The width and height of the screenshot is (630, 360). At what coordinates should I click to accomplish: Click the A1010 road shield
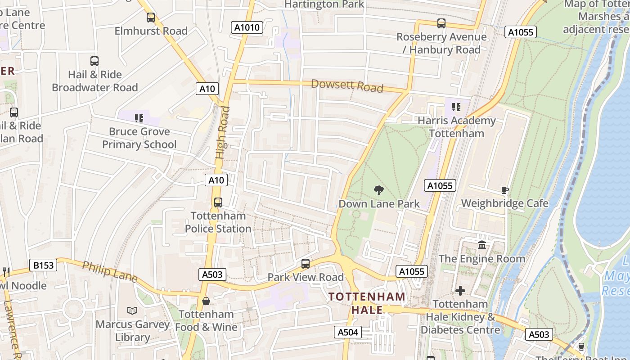247,27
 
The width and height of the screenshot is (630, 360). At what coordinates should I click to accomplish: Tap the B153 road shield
44,265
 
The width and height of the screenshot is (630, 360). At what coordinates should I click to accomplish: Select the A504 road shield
348,333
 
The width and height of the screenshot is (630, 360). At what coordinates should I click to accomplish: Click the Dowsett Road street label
347,85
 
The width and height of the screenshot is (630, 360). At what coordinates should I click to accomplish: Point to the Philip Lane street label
109,272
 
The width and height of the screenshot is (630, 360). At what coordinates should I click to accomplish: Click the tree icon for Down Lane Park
379,190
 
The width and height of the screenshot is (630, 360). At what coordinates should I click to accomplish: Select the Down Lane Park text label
379,204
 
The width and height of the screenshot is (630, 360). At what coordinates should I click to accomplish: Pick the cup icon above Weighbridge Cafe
504,190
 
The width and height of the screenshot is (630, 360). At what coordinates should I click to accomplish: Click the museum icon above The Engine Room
482,245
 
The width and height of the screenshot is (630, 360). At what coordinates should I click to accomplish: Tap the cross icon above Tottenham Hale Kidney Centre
460,291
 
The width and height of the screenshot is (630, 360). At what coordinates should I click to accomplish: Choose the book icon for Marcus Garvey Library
132,311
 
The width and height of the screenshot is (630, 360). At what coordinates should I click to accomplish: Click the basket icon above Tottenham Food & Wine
206,301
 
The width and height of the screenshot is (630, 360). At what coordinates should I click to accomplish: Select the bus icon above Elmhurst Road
151,18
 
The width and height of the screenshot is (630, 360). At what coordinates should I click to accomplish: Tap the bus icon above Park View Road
306,264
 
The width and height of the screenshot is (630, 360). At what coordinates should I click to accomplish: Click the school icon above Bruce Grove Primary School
139,118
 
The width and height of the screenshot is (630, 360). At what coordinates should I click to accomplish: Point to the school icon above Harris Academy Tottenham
456,107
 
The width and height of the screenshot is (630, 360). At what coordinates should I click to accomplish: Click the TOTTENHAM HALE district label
367,303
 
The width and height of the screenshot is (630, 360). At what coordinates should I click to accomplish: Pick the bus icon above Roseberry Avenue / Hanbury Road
441,23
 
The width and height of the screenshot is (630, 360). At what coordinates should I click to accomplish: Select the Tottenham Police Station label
218,222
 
